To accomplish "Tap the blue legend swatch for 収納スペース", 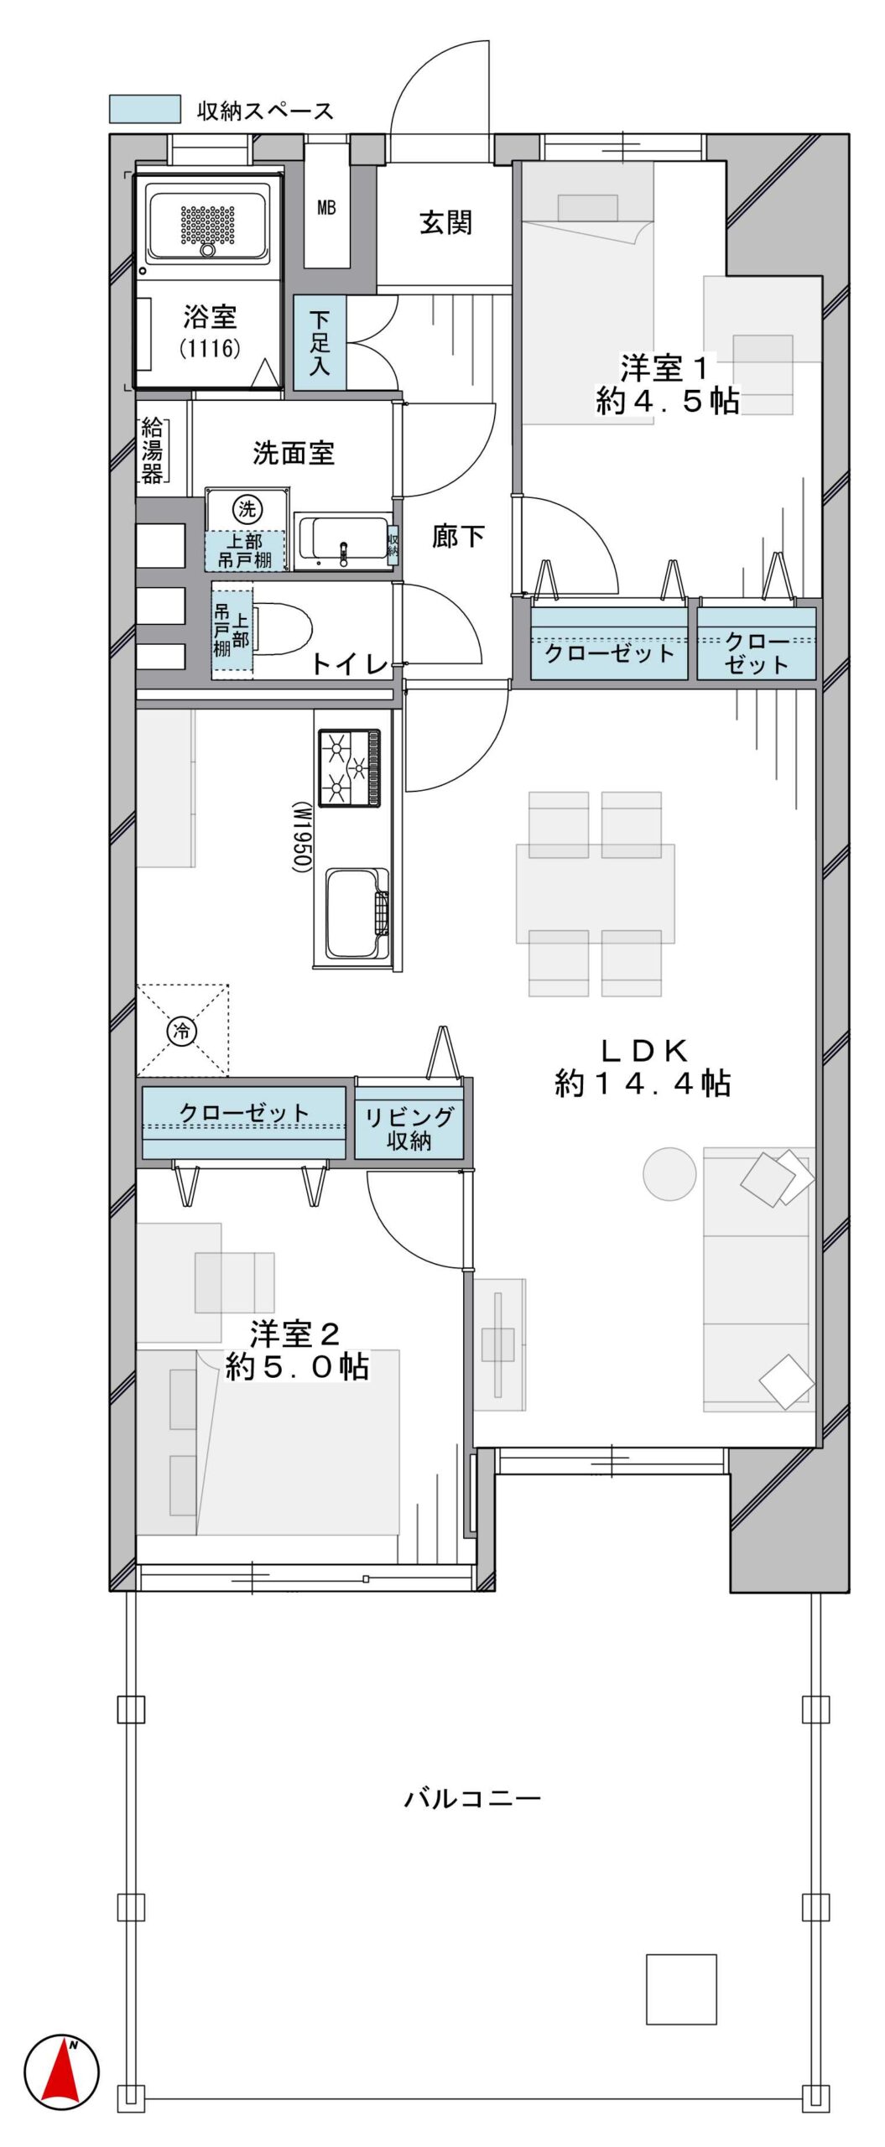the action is click(145, 109).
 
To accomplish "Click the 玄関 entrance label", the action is click(445, 223).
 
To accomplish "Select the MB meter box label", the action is click(326, 207).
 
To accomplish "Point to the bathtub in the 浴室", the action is click(207, 222).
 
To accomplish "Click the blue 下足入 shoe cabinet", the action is click(320, 343).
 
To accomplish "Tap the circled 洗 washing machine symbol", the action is click(247, 509).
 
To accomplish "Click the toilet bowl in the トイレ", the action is click(282, 628).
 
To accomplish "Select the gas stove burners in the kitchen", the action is click(349, 768).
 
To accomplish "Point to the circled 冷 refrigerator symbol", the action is click(182, 1031).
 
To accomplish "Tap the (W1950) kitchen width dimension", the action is click(301, 837).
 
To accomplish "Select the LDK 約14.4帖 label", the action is click(643, 1068).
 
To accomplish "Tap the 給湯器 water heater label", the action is click(152, 450).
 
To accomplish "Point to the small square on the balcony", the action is click(681, 1989).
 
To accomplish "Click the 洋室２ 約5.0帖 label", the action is click(297, 1351).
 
